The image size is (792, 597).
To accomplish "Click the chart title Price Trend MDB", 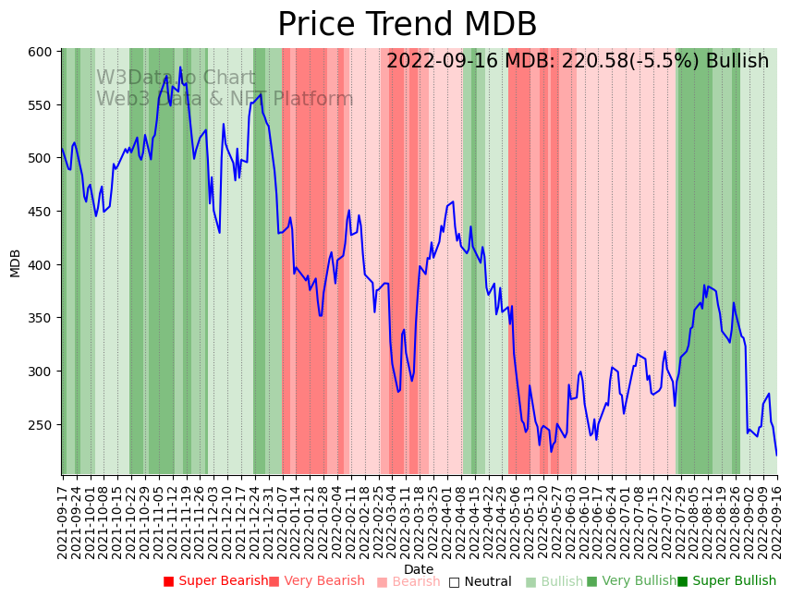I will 407,25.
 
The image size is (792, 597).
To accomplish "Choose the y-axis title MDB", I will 16,262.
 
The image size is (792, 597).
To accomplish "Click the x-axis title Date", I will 419,570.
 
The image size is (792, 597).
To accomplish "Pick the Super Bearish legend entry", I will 215,581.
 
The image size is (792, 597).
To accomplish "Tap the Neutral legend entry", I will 480,581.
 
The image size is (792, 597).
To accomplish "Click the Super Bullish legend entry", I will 727,581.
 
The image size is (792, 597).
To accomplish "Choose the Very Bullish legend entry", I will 632,581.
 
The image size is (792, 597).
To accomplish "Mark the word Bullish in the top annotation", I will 737,62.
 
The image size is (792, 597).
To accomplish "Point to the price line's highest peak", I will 180,67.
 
